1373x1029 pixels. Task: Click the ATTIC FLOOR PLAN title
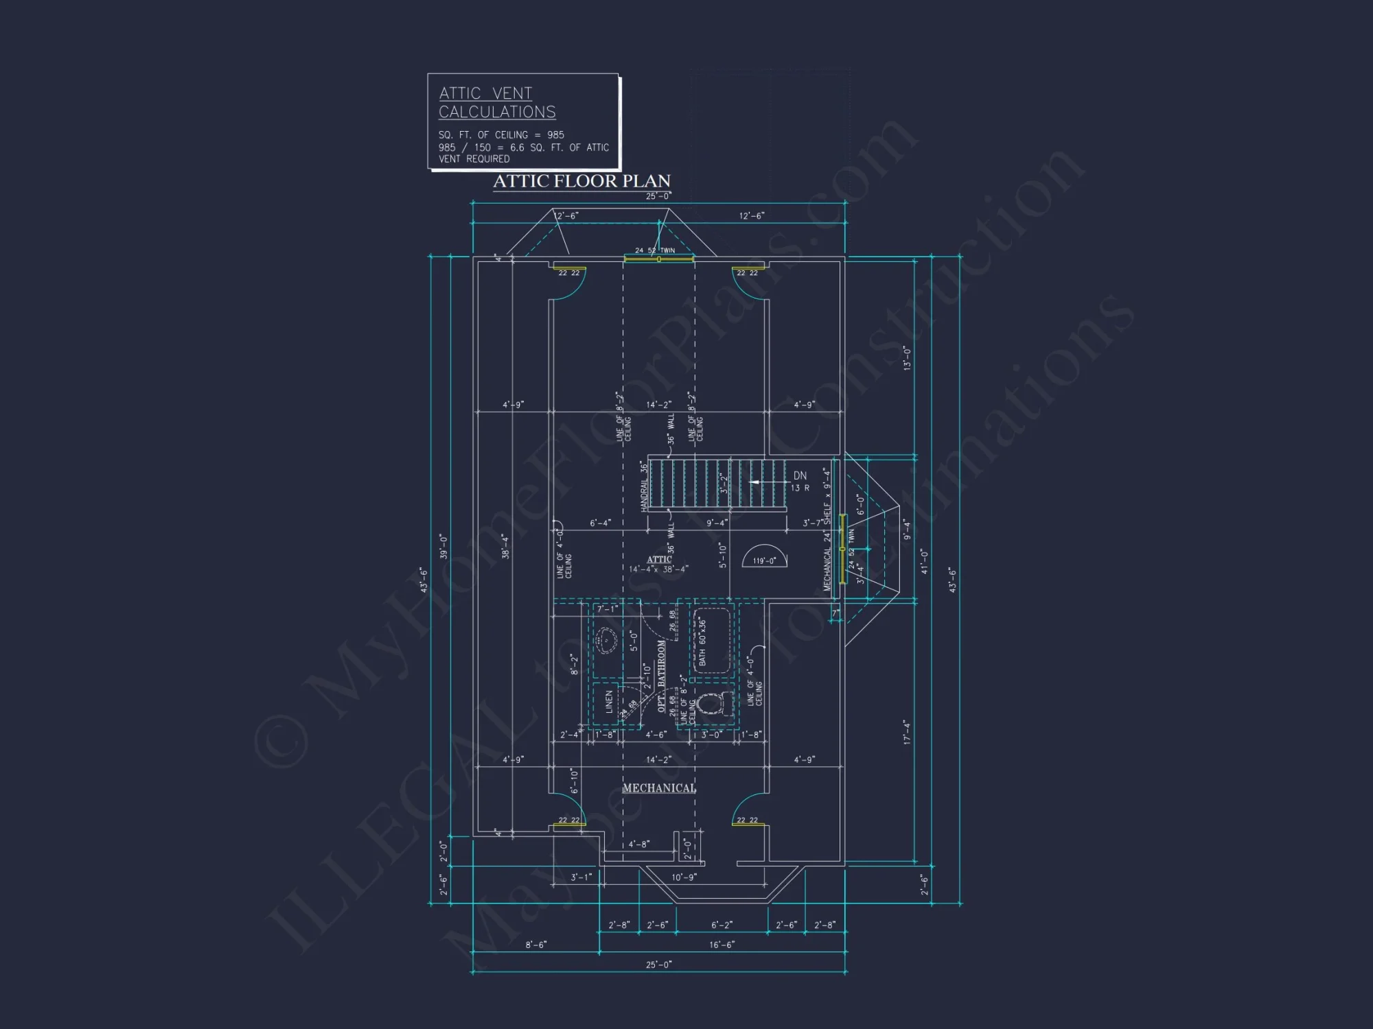[581, 181]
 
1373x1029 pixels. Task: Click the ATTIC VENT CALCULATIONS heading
[497, 102]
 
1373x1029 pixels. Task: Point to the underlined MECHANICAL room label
[659, 788]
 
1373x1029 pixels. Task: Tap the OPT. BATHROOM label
[662, 676]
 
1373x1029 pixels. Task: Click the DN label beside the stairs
[800, 475]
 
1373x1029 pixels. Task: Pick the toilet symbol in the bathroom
[709, 704]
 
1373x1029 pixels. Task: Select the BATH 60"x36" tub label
[702, 641]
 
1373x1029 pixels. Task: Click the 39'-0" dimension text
[444, 547]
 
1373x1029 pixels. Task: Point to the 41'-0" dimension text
[924, 562]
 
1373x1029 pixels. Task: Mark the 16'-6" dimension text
[722, 945]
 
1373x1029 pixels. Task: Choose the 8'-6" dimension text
[536, 945]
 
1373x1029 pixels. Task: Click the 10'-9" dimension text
[684, 877]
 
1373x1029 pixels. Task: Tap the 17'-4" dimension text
[907, 732]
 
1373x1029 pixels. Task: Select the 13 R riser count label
[800, 488]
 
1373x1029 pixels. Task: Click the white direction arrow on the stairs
[754, 482]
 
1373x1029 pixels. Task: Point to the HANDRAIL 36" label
[644, 486]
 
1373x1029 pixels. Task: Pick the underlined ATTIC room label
[659, 559]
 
